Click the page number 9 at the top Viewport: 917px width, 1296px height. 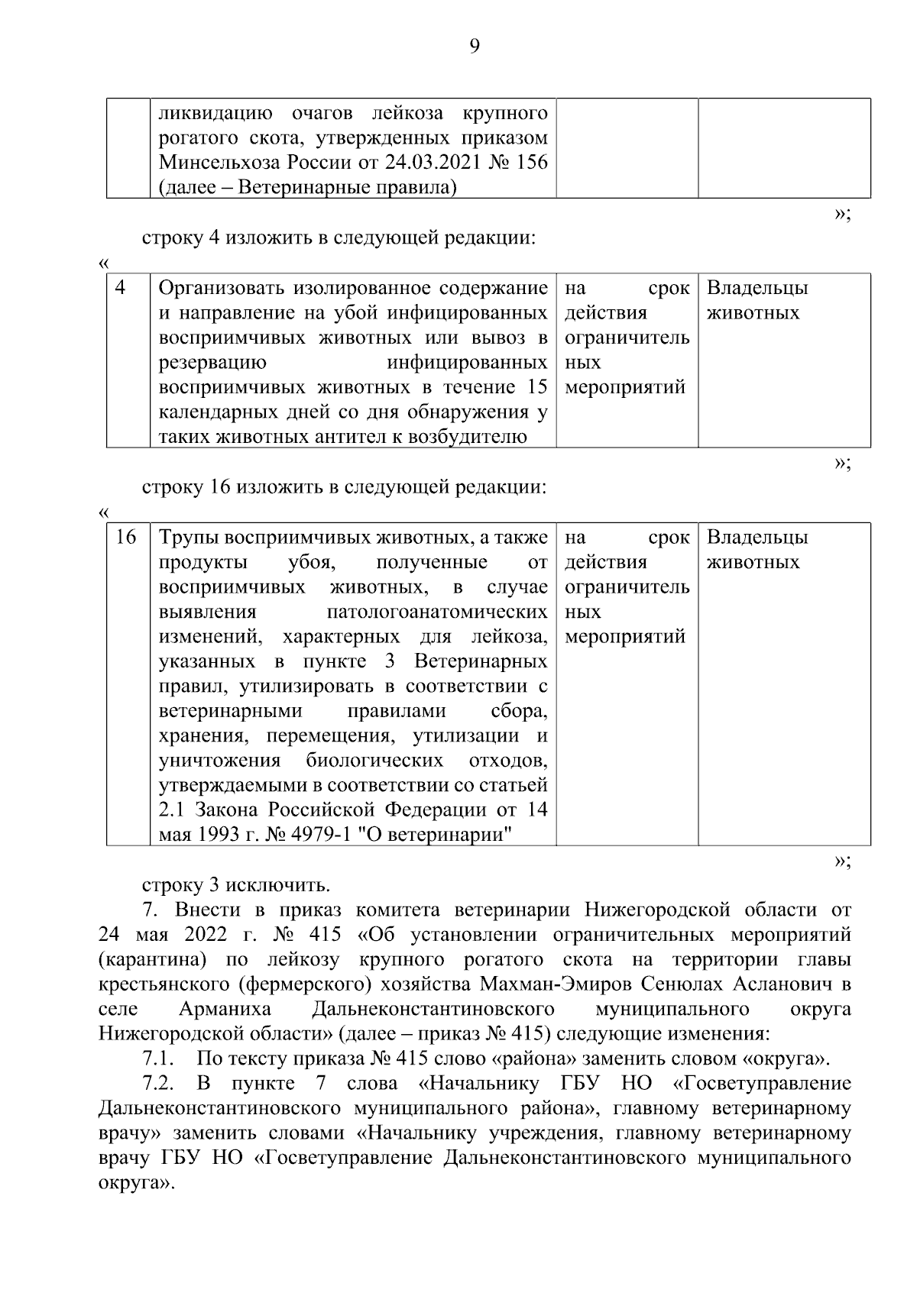click(474, 47)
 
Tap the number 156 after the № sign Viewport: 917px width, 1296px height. click(530, 163)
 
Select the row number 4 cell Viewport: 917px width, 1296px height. click(121, 288)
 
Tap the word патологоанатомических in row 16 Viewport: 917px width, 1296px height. click(437, 612)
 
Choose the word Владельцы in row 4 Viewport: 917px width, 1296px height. click(757, 288)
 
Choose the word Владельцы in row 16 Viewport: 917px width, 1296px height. click(757, 538)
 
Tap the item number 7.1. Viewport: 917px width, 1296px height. click(159, 1059)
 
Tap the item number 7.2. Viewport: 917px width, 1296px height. click(159, 1084)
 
